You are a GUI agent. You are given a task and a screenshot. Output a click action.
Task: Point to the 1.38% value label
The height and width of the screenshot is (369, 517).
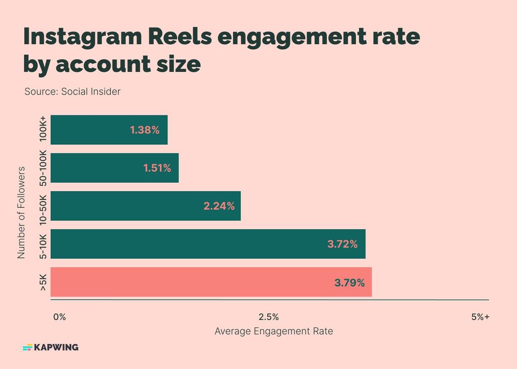tap(145, 130)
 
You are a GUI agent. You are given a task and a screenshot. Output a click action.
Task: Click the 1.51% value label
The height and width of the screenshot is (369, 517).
tap(156, 168)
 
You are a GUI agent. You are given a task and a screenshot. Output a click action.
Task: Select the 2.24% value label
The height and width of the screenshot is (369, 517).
tap(219, 206)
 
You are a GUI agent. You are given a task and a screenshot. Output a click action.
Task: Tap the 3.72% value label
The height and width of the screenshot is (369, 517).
tap(342, 244)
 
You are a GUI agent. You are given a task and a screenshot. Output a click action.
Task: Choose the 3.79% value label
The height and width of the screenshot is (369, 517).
tap(349, 283)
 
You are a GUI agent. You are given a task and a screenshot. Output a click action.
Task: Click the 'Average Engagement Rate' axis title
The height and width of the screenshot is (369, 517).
tap(273, 331)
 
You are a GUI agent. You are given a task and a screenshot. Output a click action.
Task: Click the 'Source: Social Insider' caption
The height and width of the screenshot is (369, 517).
tap(72, 92)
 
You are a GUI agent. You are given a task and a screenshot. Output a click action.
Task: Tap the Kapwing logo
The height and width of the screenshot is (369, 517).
tap(51, 347)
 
